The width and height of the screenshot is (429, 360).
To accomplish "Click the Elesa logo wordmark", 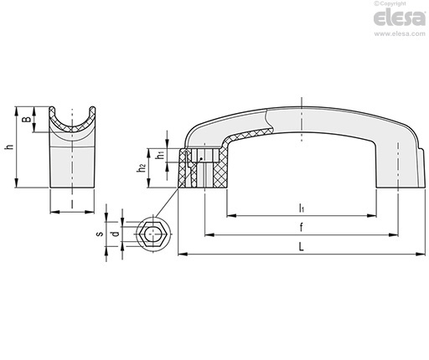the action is coord(400,18).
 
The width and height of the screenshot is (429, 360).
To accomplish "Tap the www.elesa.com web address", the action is coord(400,33).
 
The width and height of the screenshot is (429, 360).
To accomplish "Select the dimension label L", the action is coord(301,247).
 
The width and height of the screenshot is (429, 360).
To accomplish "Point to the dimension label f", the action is coord(301,228).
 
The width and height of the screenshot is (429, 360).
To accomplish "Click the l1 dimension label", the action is coord(301,208).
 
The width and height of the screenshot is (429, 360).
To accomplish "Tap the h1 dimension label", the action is coord(160,155).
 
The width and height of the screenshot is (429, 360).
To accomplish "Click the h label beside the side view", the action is coord(10,147).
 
